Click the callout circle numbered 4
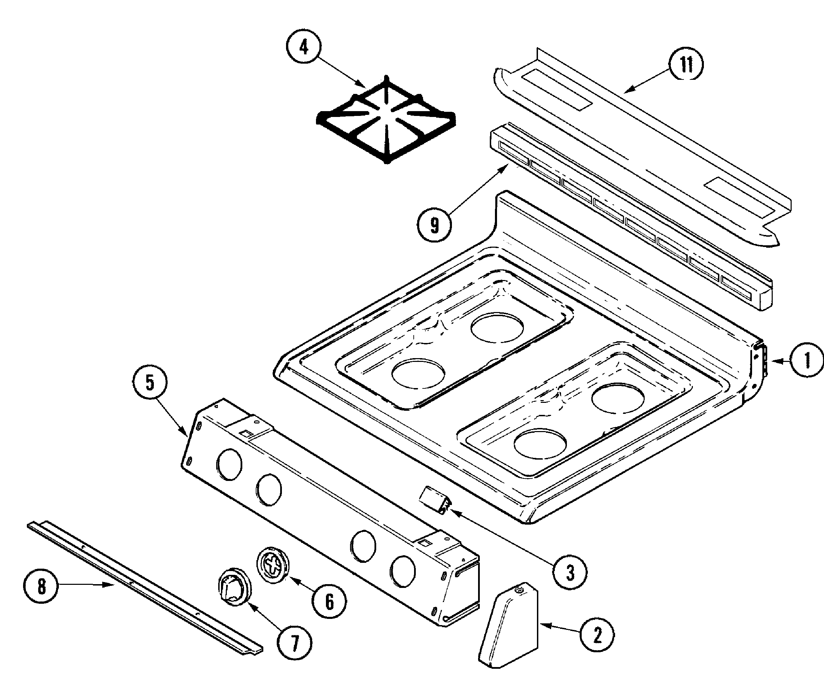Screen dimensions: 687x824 point(304,47)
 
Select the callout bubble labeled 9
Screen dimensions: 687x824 point(434,225)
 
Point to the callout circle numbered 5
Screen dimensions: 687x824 point(150,383)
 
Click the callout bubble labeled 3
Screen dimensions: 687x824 point(570,572)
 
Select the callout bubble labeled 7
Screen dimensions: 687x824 point(295,642)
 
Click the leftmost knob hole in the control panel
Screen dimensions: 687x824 point(229,464)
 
